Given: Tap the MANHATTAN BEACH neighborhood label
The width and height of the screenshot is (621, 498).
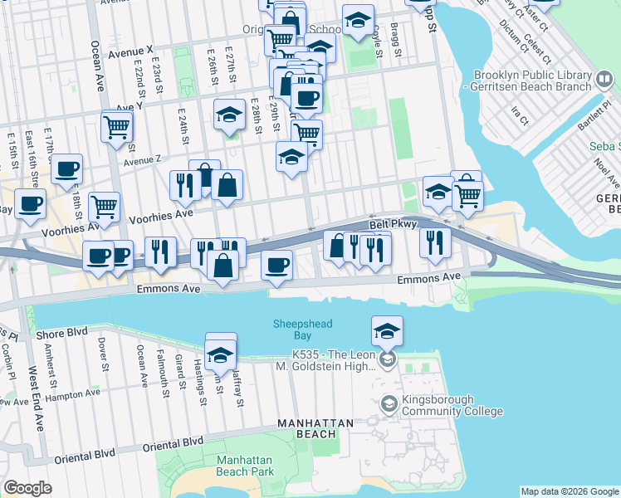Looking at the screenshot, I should click(x=307, y=427).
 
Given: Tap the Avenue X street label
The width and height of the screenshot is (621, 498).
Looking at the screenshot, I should click(x=131, y=51).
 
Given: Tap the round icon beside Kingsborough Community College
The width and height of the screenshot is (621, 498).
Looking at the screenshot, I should click(x=389, y=404).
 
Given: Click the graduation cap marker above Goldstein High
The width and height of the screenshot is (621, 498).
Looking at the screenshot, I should click(x=388, y=331).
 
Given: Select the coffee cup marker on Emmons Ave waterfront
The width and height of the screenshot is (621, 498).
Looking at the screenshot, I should click(x=276, y=265).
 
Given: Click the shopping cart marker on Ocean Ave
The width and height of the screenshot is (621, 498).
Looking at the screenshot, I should click(x=117, y=127).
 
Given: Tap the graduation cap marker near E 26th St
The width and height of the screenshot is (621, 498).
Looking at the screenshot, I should click(x=228, y=115).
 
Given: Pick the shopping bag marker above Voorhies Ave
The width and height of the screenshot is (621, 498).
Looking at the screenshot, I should click(x=227, y=186).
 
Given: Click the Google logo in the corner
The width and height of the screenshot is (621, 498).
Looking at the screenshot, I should click(x=27, y=488).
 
